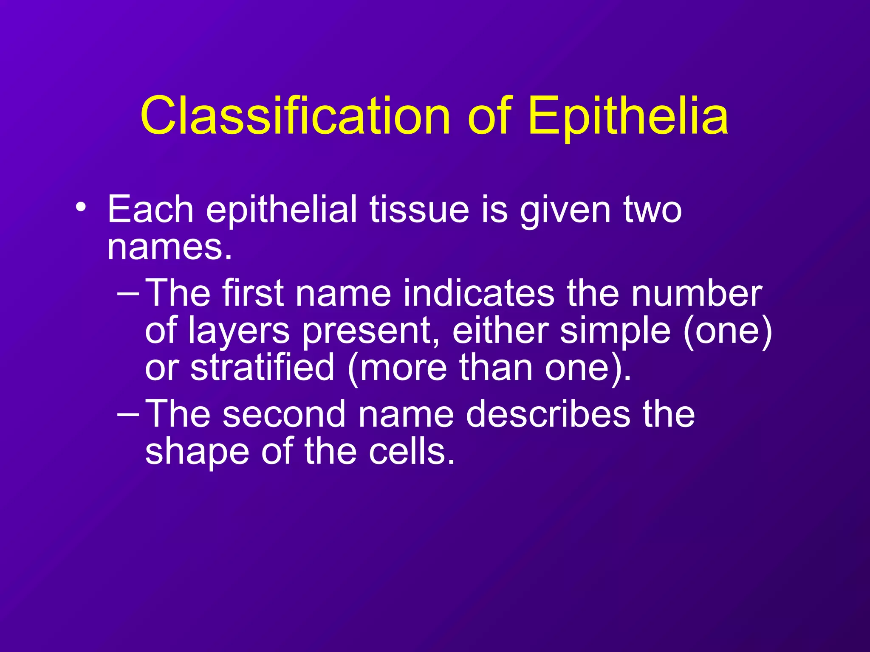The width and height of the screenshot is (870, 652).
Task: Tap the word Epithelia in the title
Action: (629, 116)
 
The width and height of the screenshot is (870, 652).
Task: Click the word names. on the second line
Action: (169, 247)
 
